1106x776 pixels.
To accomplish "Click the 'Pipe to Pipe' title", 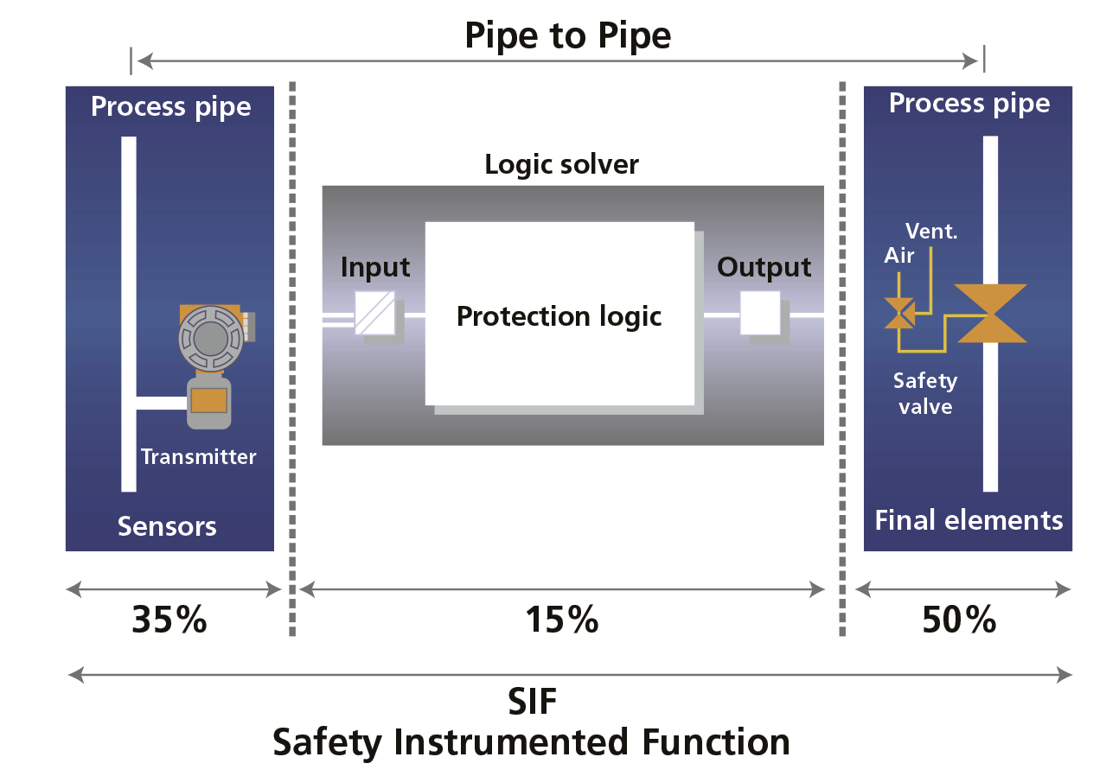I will click(567, 36).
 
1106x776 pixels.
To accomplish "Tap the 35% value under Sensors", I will click(169, 620).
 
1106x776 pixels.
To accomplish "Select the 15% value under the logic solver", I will click(562, 620).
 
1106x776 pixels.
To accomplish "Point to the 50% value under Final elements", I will click(959, 620).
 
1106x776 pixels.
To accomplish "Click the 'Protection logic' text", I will click(559, 317).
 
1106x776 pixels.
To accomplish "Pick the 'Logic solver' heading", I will click(561, 164).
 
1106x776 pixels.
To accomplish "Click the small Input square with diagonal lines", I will click(374, 312).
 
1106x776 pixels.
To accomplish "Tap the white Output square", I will click(759, 312).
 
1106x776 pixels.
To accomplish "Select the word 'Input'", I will click(375, 267).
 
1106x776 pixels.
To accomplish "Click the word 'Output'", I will click(764, 267).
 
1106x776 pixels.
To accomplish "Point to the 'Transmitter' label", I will click(198, 456).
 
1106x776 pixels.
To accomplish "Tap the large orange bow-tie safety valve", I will click(991, 313).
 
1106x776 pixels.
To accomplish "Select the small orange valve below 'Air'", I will click(899, 314).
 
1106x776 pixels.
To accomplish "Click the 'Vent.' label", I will click(931, 232).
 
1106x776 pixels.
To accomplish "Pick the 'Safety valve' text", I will click(925, 393).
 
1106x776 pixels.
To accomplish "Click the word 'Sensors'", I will click(167, 526).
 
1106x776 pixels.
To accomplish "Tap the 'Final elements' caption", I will click(969, 520).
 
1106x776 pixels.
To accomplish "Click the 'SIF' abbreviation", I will click(531, 702).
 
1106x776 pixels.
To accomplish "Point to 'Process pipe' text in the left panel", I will click(170, 107).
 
